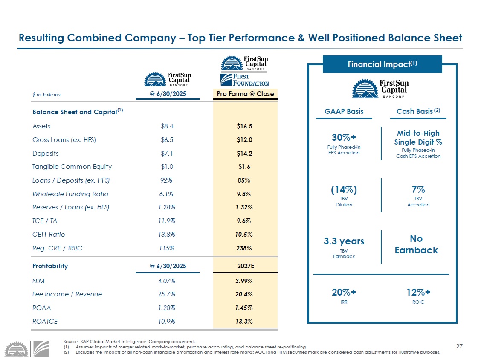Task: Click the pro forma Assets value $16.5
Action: tap(244, 126)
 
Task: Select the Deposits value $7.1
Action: tap(167, 153)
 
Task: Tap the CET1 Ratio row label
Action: tap(49, 234)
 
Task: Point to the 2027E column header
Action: tap(246, 266)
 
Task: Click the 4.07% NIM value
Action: tap(167, 281)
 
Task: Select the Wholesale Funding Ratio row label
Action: tap(70, 194)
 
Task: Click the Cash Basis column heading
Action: tap(416, 111)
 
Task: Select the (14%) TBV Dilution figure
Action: tap(344, 189)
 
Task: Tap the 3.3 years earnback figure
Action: tap(344, 241)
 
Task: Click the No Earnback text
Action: tap(416, 244)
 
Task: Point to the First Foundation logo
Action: tap(245, 80)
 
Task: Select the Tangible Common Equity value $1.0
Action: tap(167, 167)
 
